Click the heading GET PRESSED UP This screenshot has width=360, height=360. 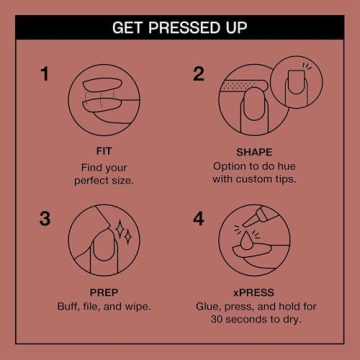[x=180, y=26]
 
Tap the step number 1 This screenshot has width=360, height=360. [x=45, y=73]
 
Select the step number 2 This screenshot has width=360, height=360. [x=199, y=73]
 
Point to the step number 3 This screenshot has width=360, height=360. [x=45, y=217]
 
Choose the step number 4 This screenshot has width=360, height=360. [x=199, y=217]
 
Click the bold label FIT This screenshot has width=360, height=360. [x=104, y=149]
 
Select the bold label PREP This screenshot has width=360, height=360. [x=104, y=293]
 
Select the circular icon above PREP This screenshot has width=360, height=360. [x=104, y=242]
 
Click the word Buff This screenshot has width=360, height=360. [x=70, y=306]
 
